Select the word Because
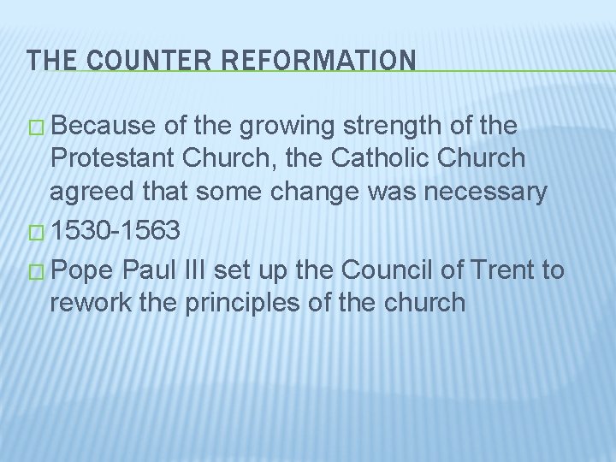[x=106, y=127]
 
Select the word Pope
[x=83, y=270]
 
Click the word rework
[x=88, y=305]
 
